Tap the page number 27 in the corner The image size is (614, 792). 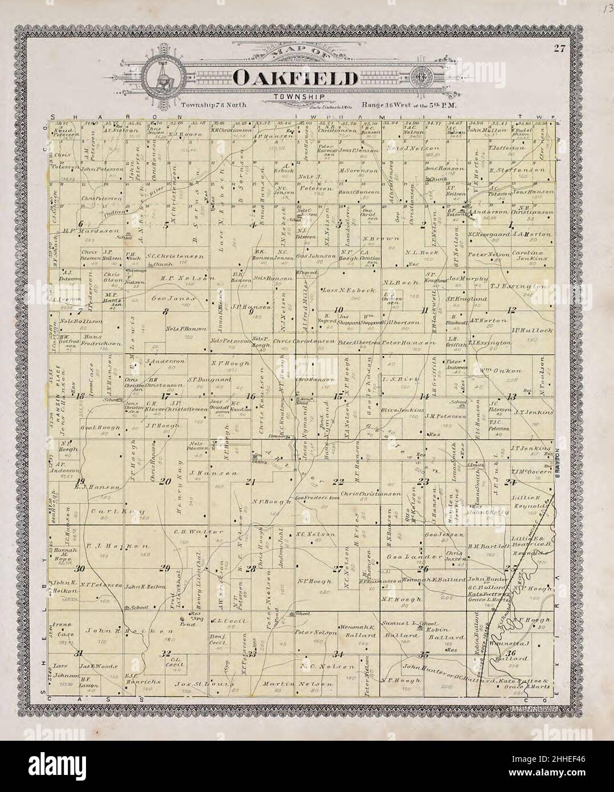point(558,49)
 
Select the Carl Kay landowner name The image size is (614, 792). point(118,511)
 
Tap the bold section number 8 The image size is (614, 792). point(166,311)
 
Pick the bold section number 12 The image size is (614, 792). point(511,310)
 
